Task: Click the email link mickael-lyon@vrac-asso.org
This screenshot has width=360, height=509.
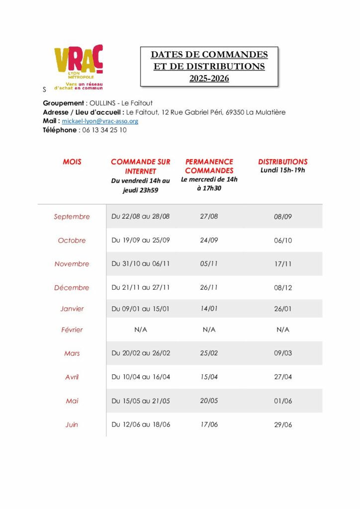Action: [x=100, y=121]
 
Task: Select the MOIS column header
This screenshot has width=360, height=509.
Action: [x=72, y=162]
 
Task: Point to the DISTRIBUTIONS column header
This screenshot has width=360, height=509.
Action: [x=282, y=162]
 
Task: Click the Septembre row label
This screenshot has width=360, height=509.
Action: [x=72, y=217]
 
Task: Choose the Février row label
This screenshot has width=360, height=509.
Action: [x=72, y=330]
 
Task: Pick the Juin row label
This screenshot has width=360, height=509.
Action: [x=72, y=425]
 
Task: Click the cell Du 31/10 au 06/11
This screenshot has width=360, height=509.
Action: [x=141, y=264]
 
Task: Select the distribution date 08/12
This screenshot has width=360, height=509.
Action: [x=283, y=288]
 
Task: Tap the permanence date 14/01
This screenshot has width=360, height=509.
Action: [x=209, y=309]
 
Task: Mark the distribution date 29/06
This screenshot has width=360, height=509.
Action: [x=283, y=425]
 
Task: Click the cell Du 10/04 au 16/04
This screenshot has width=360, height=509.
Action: [x=141, y=377]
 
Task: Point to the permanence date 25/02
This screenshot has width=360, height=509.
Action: [x=209, y=353]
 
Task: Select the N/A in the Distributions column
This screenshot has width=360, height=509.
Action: [x=283, y=330]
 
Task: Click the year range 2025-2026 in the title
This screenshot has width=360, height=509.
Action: [x=209, y=78]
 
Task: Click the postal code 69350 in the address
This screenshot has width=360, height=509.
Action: [x=237, y=112]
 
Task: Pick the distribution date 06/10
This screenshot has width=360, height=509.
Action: [x=283, y=241]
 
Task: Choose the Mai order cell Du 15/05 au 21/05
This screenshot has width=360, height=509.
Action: [x=141, y=401]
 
